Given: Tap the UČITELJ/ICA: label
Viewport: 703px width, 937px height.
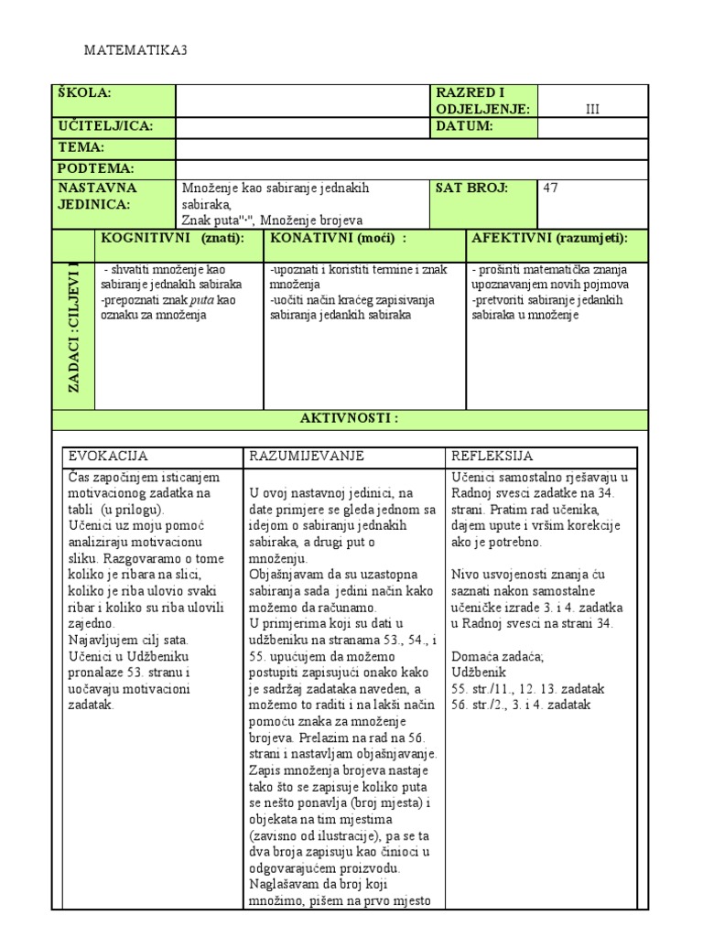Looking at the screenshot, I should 105,126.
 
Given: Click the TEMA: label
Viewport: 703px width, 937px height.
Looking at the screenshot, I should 81,147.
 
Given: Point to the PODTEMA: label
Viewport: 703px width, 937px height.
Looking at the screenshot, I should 96,168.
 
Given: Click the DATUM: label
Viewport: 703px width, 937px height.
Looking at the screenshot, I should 465,126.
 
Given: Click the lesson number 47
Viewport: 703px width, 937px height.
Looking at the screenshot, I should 551,188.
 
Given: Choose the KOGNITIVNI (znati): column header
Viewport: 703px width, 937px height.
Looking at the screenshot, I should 172,238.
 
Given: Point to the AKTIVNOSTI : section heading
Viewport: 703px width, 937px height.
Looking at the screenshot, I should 351,418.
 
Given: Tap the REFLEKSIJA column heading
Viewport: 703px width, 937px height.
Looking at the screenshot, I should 492,456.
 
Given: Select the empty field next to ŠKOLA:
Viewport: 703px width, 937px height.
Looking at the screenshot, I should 302,102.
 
